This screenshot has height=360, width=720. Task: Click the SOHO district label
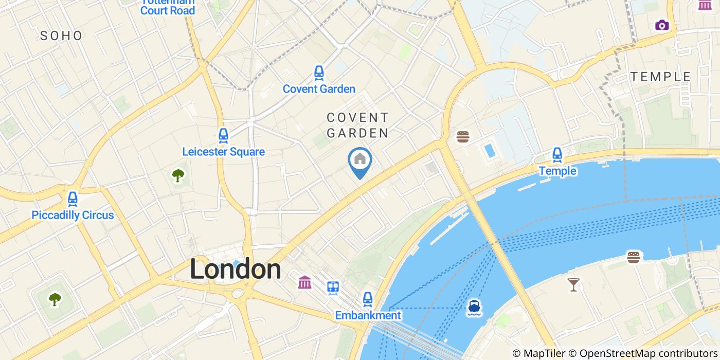pyautogui.click(x=61, y=35)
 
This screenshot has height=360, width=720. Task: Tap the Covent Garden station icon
pyautogui.click(x=319, y=73)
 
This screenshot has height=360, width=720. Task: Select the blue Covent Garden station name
pyautogui.click(x=319, y=89)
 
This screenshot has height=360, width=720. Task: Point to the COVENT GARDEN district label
pyautogui.click(x=357, y=125)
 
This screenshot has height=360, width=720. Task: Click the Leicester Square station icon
pyautogui.click(x=223, y=135)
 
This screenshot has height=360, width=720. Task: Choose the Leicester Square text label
pyautogui.click(x=223, y=152)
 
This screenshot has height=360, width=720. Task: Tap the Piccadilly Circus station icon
pyautogui.click(x=73, y=199)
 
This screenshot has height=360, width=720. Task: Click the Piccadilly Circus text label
pyautogui.click(x=73, y=215)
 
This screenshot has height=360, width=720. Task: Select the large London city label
pyautogui.click(x=236, y=269)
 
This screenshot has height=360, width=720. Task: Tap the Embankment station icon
pyautogui.click(x=368, y=298)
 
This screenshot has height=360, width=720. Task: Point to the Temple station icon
pyautogui.click(x=557, y=154)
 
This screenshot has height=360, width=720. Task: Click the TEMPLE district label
pyautogui.click(x=661, y=77)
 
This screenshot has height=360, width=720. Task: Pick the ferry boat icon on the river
pyautogui.click(x=474, y=307)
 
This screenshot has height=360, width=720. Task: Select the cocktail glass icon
pyautogui.click(x=573, y=284)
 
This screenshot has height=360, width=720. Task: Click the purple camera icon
pyautogui.click(x=662, y=25)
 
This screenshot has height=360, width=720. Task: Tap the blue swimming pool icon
pyautogui.click(x=490, y=151)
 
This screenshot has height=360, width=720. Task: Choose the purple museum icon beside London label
pyautogui.click(x=304, y=282)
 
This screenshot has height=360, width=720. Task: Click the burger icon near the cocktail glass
pyautogui.click(x=633, y=257)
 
